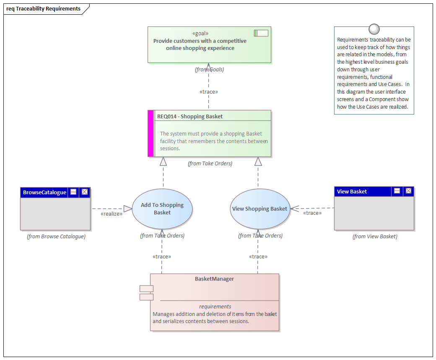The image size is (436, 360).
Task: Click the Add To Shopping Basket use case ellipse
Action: [x=162, y=209]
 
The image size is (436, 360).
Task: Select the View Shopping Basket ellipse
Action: [x=260, y=209]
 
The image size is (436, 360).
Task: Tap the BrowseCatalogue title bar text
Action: [x=44, y=192]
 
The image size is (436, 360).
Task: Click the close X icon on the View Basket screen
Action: [x=408, y=191]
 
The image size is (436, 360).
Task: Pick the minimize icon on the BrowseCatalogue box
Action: [x=73, y=192]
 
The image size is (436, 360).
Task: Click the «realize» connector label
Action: [x=112, y=214]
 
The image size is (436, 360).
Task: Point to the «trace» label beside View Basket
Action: [x=312, y=213]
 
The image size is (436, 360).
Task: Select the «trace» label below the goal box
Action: [x=209, y=91]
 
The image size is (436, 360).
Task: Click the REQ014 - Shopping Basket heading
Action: [x=190, y=116]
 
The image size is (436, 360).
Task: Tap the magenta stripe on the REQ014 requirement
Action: [x=151, y=133]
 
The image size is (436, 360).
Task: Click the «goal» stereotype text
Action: [x=200, y=34]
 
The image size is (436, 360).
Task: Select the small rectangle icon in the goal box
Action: [x=261, y=33]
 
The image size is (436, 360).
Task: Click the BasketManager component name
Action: [x=214, y=279]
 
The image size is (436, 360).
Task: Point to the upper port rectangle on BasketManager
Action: [x=146, y=289]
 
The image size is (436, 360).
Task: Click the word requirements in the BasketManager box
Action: [x=215, y=306]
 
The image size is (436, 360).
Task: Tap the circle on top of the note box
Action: [x=374, y=29]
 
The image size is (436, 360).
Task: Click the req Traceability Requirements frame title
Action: [x=44, y=8]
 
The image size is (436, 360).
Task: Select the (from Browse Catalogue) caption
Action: [x=56, y=237]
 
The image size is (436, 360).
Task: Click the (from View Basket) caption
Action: [x=375, y=237]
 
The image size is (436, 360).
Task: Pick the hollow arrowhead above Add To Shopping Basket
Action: [x=163, y=161]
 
